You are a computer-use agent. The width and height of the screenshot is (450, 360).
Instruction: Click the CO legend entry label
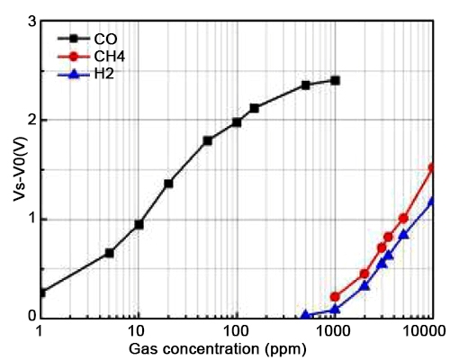pos(105,39)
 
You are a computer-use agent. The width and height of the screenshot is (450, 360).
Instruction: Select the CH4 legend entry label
pos(109,56)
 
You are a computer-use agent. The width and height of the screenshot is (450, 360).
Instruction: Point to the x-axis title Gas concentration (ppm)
pos(237,347)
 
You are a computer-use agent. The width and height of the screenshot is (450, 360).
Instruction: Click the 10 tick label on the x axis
pos(138,330)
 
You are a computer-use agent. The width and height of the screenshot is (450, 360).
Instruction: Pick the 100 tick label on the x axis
pos(236,330)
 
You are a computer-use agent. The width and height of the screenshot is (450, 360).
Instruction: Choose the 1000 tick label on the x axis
pos(334,330)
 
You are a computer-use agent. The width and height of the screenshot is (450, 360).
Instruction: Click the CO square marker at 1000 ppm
pos(335,80)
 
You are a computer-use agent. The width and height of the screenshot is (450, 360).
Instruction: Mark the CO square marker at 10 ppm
pos(139,224)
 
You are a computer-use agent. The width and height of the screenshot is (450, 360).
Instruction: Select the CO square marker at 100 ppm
pos(237,122)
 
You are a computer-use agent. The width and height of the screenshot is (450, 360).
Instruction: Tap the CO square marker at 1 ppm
pos(40,292)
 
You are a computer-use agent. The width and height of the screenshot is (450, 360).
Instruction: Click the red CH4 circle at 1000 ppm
pos(335,296)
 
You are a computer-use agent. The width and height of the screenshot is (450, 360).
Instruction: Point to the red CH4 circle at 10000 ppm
pos(433,167)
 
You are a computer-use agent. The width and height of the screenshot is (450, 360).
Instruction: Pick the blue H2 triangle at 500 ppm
pos(305,315)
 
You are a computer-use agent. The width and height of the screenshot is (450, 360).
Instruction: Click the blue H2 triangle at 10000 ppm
pos(433,201)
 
